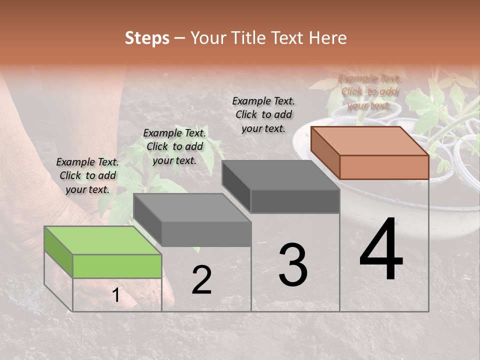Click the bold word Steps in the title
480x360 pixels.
click(x=147, y=38)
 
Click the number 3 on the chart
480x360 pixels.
click(x=293, y=264)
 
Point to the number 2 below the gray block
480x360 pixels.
click(x=201, y=280)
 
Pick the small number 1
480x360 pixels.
click(x=116, y=295)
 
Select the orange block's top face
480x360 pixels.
click(x=370, y=141)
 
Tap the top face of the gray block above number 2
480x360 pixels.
click(x=192, y=207)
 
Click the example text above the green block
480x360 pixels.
click(x=87, y=175)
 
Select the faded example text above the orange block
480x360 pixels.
click(x=369, y=91)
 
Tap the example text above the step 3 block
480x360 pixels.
click(x=263, y=114)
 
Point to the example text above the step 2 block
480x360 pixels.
click(x=174, y=146)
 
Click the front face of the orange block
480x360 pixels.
click(x=384, y=166)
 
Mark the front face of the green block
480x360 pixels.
click(x=117, y=266)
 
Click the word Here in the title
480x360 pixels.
click(x=328, y=38)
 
